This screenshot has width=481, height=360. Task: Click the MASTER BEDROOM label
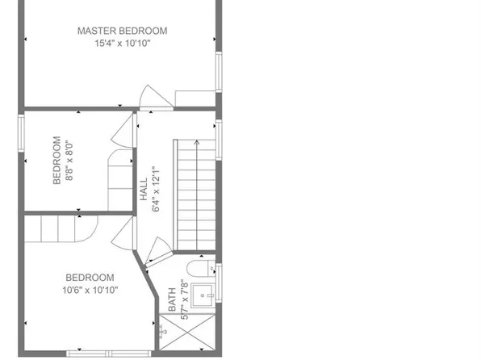122,31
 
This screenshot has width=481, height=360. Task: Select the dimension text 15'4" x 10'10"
122,44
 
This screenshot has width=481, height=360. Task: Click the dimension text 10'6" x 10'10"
90,290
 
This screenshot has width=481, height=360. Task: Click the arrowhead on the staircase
196,144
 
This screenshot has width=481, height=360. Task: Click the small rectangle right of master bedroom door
194,98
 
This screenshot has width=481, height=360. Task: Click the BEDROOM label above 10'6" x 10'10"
90,277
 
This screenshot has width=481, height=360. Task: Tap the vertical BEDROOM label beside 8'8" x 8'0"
57,161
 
